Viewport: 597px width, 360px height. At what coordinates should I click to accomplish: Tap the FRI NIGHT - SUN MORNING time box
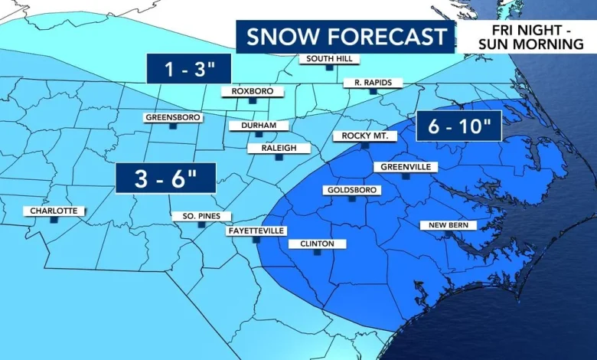(x=528, y=37)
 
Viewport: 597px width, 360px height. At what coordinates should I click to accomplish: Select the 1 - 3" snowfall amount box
(x=188, y=69)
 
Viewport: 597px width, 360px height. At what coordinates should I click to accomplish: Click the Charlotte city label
(x=54, y=211)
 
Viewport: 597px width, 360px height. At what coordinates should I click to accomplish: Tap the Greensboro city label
(x=172, y=118)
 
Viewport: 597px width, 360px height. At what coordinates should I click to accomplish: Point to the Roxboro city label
(x=252, y=91)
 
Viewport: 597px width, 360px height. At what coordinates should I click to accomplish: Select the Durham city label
(x=258, y=126)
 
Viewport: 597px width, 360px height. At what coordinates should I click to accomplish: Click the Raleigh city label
(x=279, y=148)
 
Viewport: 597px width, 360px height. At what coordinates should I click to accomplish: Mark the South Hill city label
(x=328, y=59)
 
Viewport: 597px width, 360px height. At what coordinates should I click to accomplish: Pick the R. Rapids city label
(x=373, y=83)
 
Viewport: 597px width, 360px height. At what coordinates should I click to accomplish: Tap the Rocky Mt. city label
(x=365, y=136)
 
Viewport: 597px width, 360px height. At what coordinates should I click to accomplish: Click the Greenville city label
(x=405, y=167)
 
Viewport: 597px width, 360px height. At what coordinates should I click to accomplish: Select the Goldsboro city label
(x=351, y=190)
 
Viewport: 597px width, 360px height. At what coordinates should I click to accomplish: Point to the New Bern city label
(x=448, y=225)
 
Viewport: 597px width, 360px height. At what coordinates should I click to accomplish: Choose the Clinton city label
(x=317, y=244)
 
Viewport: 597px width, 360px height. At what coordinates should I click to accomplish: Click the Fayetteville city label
(x=256, y=231)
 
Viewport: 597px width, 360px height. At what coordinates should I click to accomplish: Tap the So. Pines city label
(x=197, y=216)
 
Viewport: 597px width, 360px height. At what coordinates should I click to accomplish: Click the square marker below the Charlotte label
(x=54, y=220)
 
